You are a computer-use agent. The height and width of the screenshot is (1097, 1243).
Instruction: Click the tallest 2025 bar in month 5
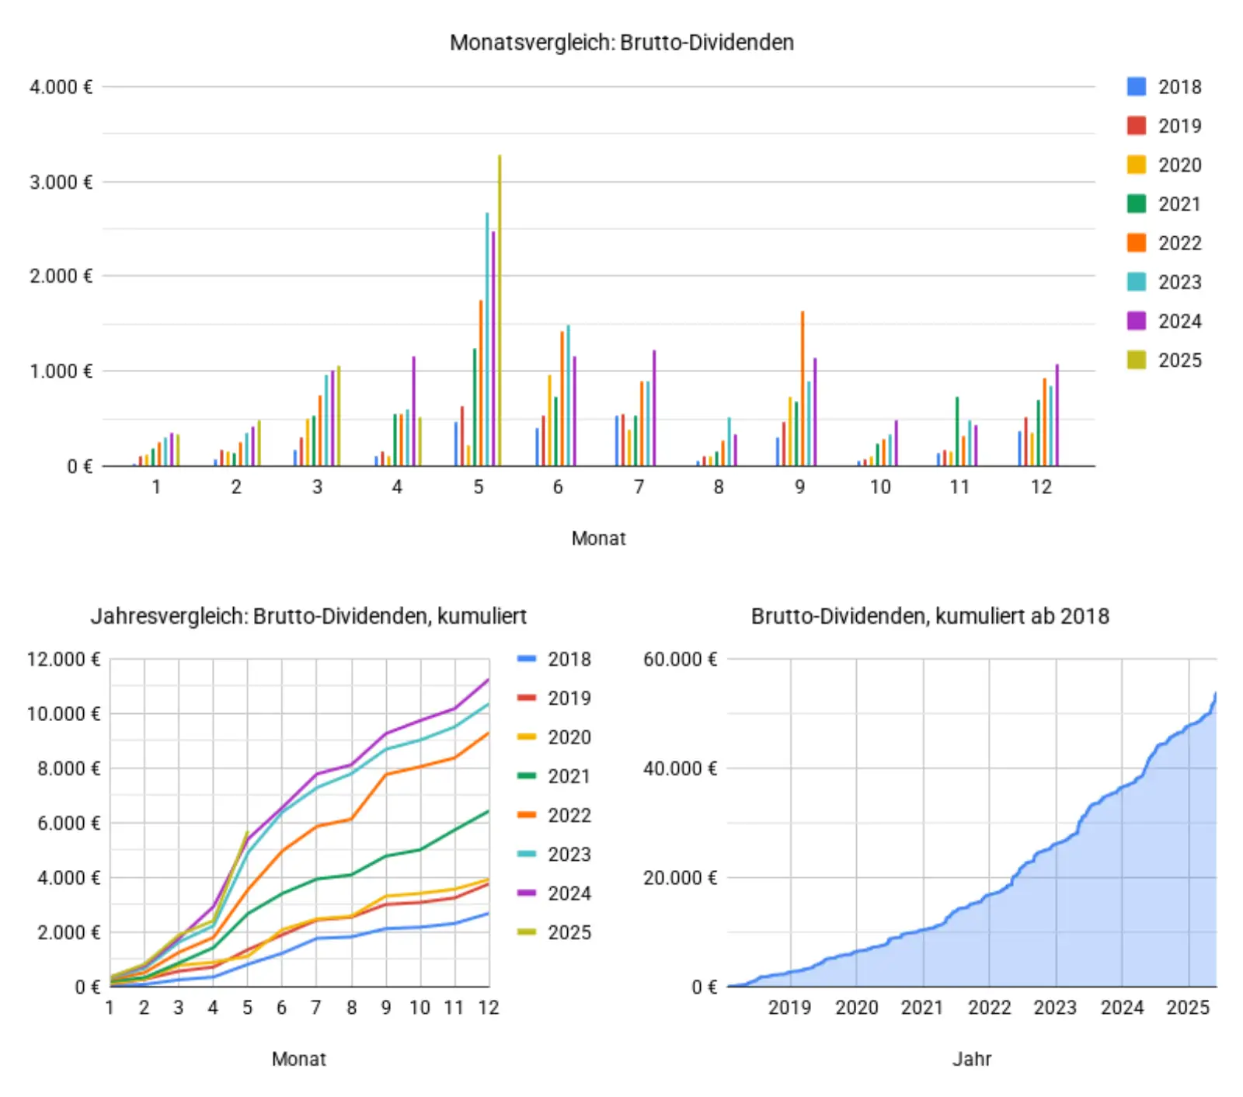[500, 311]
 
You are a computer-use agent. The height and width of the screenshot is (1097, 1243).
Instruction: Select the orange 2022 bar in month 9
[803, 388]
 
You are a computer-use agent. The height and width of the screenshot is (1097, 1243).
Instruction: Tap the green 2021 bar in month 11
[957, 432]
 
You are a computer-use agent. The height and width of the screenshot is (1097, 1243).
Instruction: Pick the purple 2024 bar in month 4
[414, 412]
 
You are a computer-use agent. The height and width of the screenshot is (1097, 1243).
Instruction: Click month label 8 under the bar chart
[719, 487]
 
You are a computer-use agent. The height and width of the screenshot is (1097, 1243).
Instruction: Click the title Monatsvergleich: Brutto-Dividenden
[621, 43]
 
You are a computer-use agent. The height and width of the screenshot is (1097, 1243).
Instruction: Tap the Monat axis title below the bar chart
[598, 538]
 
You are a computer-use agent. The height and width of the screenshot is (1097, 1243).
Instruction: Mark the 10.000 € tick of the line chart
[64, 714]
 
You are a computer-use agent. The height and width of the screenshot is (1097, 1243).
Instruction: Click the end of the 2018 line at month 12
[488, 914]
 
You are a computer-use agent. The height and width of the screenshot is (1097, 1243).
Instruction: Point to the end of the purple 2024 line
[488, 680]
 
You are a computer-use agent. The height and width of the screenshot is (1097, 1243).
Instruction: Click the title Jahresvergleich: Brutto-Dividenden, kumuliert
[308, 617]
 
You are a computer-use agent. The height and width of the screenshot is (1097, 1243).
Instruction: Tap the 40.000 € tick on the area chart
[680, 769]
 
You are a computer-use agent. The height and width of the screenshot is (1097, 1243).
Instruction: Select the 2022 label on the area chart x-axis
[989, 1008]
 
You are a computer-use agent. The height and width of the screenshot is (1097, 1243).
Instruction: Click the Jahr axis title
[972, 1059]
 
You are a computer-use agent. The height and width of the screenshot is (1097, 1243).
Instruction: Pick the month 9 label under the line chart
[386, 1008]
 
